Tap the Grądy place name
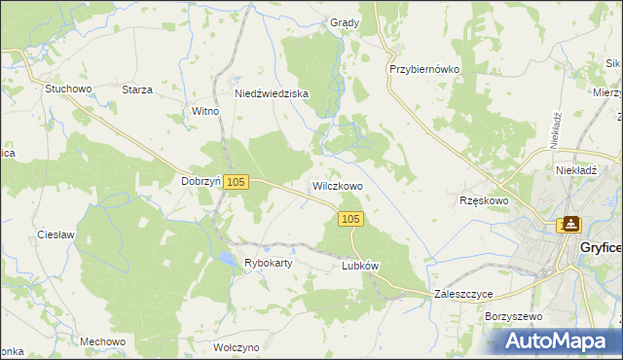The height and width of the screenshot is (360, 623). [345, 22]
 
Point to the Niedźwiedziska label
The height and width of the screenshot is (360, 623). [272, 93]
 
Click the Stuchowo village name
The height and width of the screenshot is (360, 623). [68, 89]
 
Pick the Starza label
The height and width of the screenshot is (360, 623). [137, 90]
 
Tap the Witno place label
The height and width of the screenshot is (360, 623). [205, 111]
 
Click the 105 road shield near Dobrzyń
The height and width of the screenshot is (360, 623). [238, 182]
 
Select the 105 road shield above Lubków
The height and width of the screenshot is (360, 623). [351, 220]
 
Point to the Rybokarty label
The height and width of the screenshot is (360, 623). [270, 263]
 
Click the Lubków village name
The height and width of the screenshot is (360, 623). [359, 265]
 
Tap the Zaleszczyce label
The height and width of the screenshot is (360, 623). [463, 293]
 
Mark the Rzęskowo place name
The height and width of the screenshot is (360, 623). [484, 200]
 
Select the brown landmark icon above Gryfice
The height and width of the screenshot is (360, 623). [568, 225]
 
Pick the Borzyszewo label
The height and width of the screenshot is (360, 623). [512, 316]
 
